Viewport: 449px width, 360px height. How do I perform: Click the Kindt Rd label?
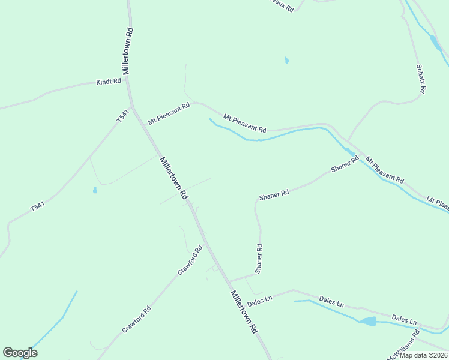(109, 81)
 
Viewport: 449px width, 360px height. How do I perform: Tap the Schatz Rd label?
(421, 79)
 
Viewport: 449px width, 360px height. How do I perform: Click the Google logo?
(20, 353)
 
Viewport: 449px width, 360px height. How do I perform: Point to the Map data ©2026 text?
(423, 355)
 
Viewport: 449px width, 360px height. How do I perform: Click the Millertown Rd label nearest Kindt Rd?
(128, 50)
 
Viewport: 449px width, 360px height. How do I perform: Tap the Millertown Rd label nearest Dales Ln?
(244, 312)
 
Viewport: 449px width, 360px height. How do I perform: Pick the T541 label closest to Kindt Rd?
(122, 116)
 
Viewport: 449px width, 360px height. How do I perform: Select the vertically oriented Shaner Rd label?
(259, 259)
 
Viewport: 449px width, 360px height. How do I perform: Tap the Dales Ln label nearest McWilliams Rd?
(404, 319)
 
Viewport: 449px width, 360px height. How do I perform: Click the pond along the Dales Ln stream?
(368, 321)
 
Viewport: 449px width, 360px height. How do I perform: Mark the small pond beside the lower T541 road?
(95, 190)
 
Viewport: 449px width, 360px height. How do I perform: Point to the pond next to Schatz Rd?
(434, 42)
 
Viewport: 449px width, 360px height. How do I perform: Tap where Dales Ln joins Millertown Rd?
(229, 281)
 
